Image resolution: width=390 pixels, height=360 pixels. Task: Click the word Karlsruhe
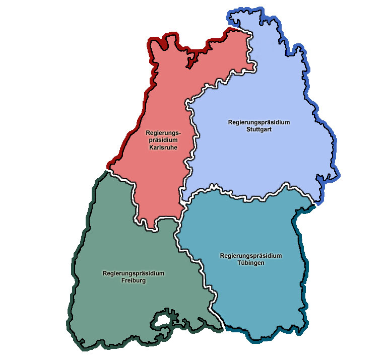pos(162,148)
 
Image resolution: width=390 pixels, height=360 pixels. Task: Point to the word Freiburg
pos(133,280)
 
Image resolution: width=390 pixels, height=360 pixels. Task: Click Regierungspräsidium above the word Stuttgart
pos(259,122)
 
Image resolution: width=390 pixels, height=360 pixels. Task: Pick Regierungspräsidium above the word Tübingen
pos(250,255)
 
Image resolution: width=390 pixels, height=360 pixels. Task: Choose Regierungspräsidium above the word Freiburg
pos(133,273)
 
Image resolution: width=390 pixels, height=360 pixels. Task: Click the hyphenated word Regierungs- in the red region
pos(162,133)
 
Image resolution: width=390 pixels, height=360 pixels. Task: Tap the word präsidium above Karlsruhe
pos(162,140)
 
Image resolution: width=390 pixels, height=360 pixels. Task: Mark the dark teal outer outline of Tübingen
pos(304,282)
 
